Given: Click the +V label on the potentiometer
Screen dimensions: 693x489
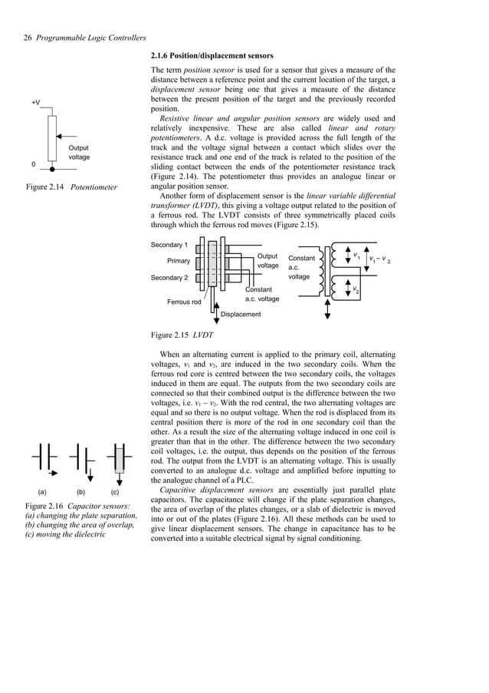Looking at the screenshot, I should click(36, 102).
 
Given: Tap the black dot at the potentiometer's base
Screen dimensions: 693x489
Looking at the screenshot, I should click(52, 165).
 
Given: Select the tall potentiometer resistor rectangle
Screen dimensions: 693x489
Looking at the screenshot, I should click(52, 134).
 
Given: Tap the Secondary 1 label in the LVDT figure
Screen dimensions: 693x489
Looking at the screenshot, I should click(169, 245).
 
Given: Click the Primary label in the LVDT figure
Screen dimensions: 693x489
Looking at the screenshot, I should click(179, 261).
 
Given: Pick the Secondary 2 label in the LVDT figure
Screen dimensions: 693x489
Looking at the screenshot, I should click(169, 277).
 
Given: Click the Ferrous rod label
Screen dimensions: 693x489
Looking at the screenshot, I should click(184, 302).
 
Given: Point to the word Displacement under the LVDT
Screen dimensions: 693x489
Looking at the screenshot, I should click(241, 314).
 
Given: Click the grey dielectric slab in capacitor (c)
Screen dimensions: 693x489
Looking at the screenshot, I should click(119, 462).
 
